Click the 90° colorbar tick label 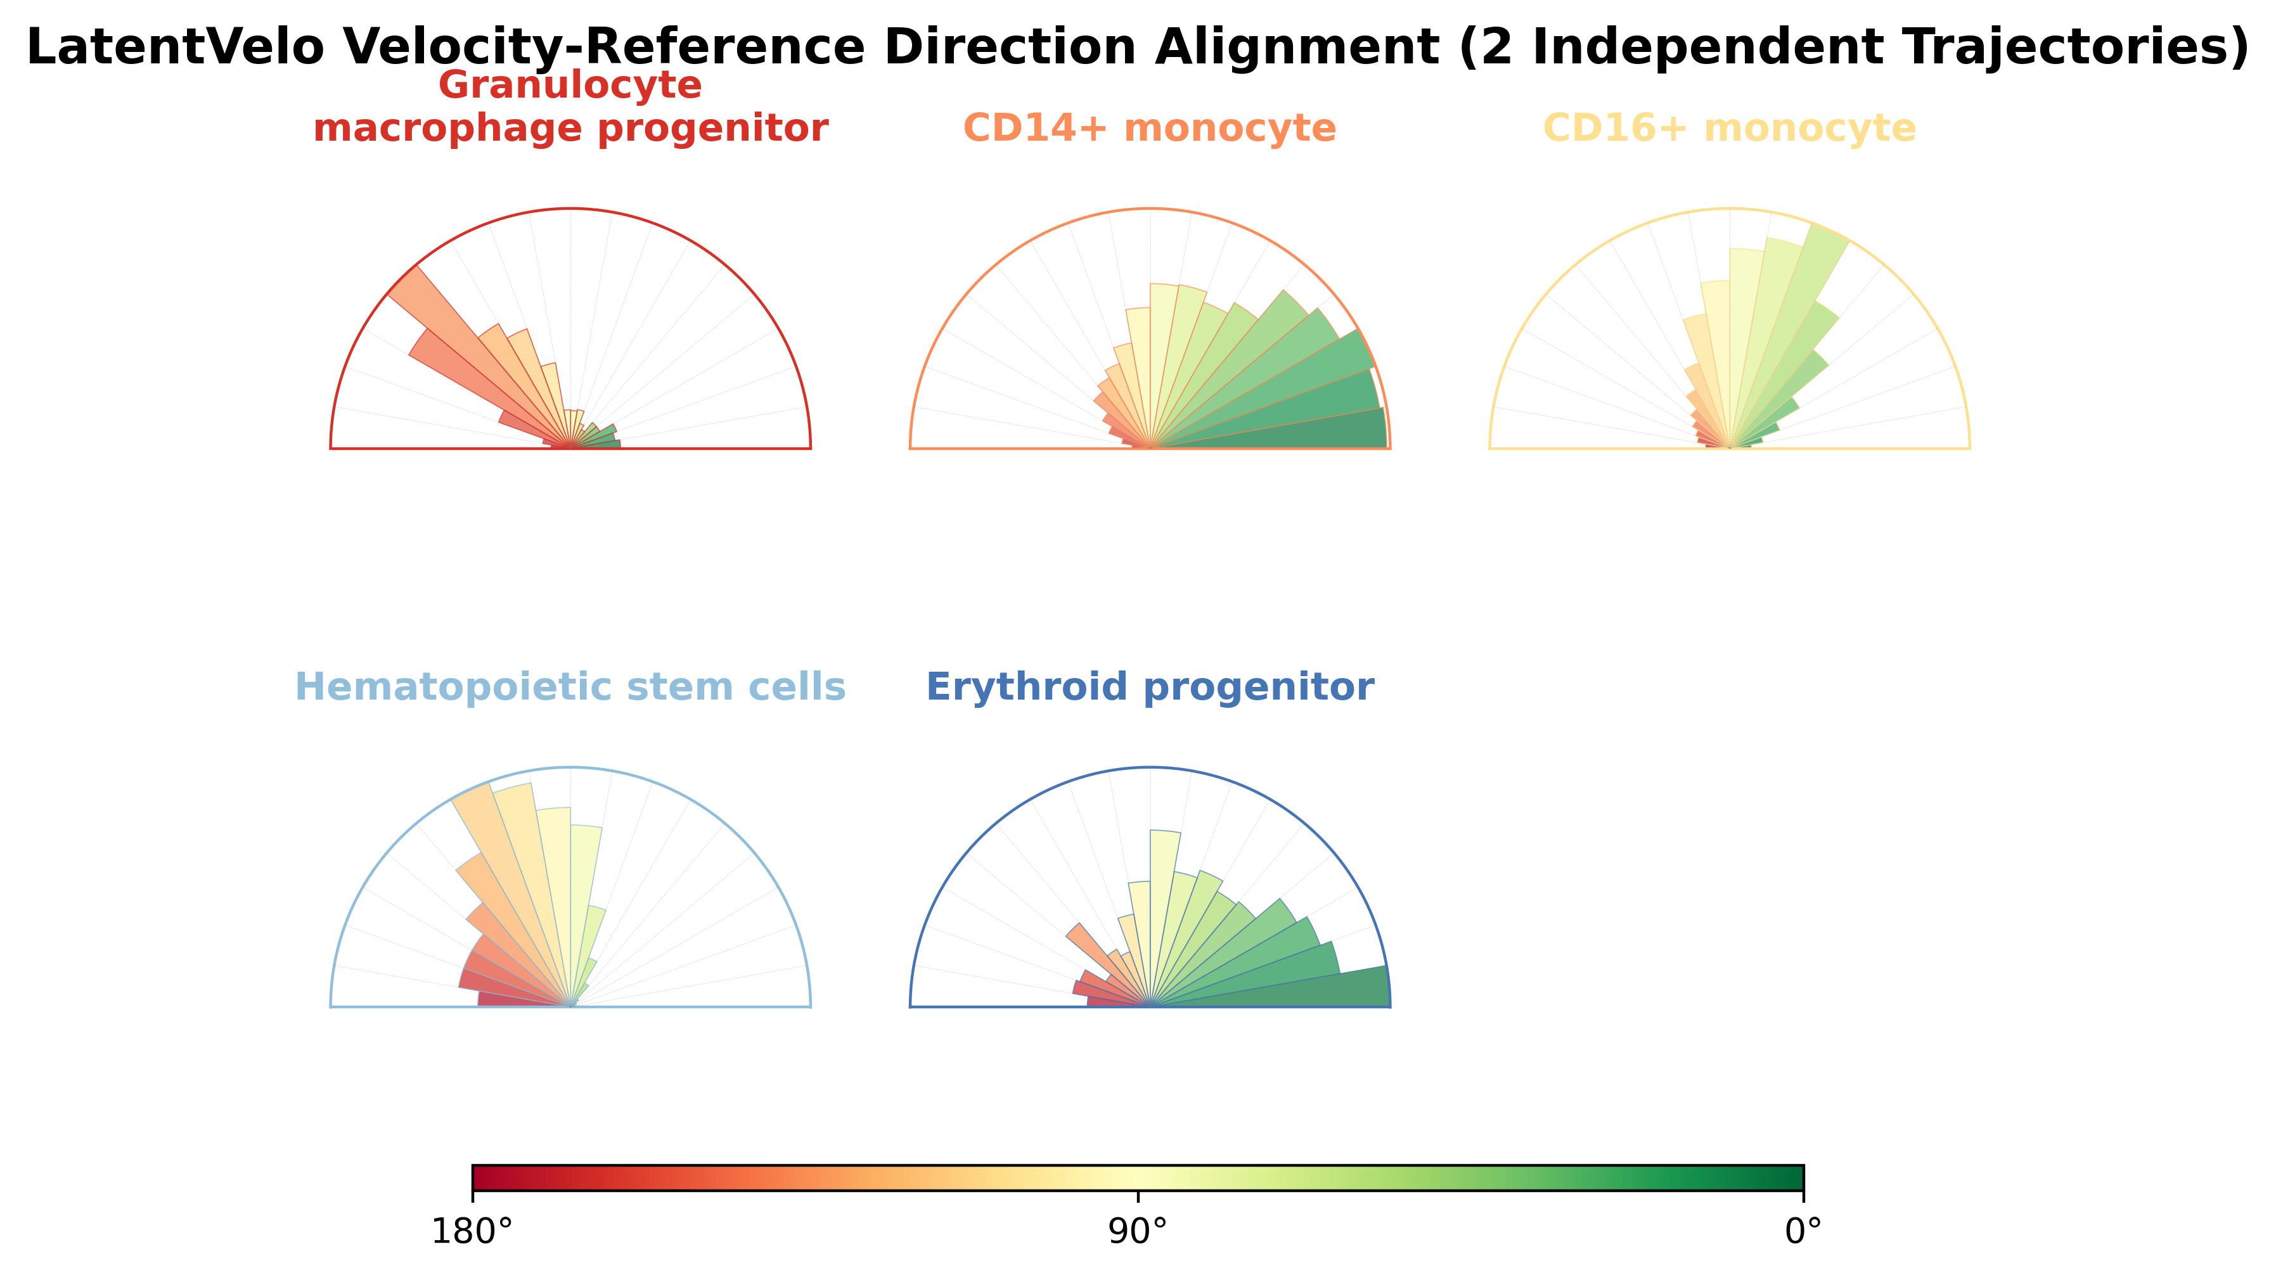[x=1138, y=1232]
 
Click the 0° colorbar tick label [x=1803, y=1232]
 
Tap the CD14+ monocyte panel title [x=1150, y=128]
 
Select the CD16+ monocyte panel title [x=1729, y=128]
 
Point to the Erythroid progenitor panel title [x=1150, y=688]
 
